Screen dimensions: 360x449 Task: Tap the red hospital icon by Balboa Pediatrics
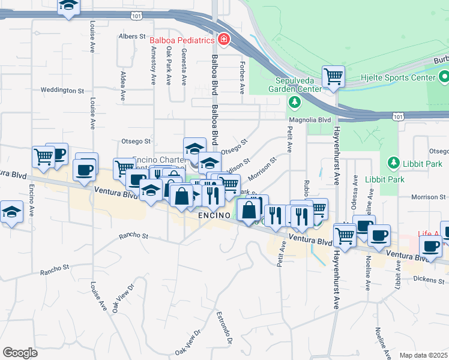click(x=223, y=40)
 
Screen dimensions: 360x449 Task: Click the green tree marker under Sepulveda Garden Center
click(x=294, y=102)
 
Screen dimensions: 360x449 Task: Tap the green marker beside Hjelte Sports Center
click(x=444, y=77)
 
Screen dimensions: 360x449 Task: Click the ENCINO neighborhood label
click(x=213, y=215)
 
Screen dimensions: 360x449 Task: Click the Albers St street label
click(x=133, y=37)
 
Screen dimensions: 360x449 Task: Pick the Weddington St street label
click(x=62, y=91)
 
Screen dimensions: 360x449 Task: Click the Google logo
click(x=20, y=353)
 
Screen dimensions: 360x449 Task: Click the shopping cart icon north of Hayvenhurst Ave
click(x=333, y=76)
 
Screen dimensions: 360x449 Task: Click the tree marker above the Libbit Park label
click(x=394, y=163)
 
